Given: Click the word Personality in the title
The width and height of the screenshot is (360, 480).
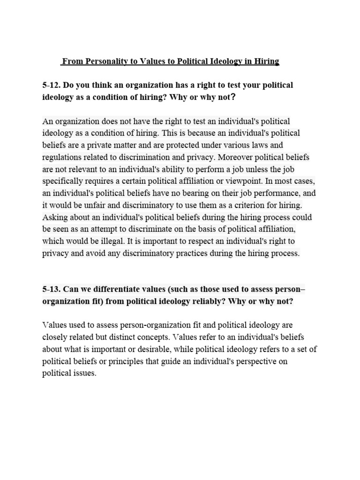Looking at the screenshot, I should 102,61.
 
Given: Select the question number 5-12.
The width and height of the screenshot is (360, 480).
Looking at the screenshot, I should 51,85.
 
